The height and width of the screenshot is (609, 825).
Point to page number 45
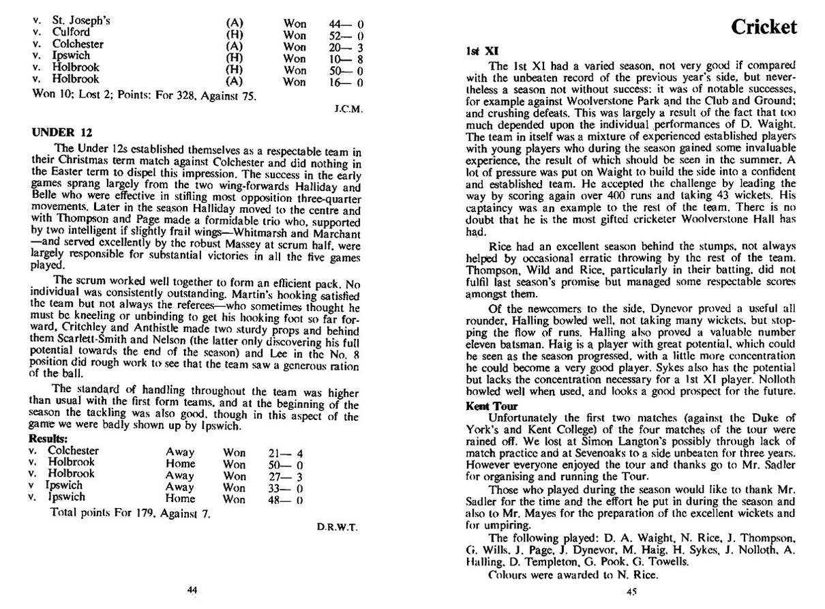(631, 592)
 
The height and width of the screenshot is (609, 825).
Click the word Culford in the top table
(71, 32)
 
